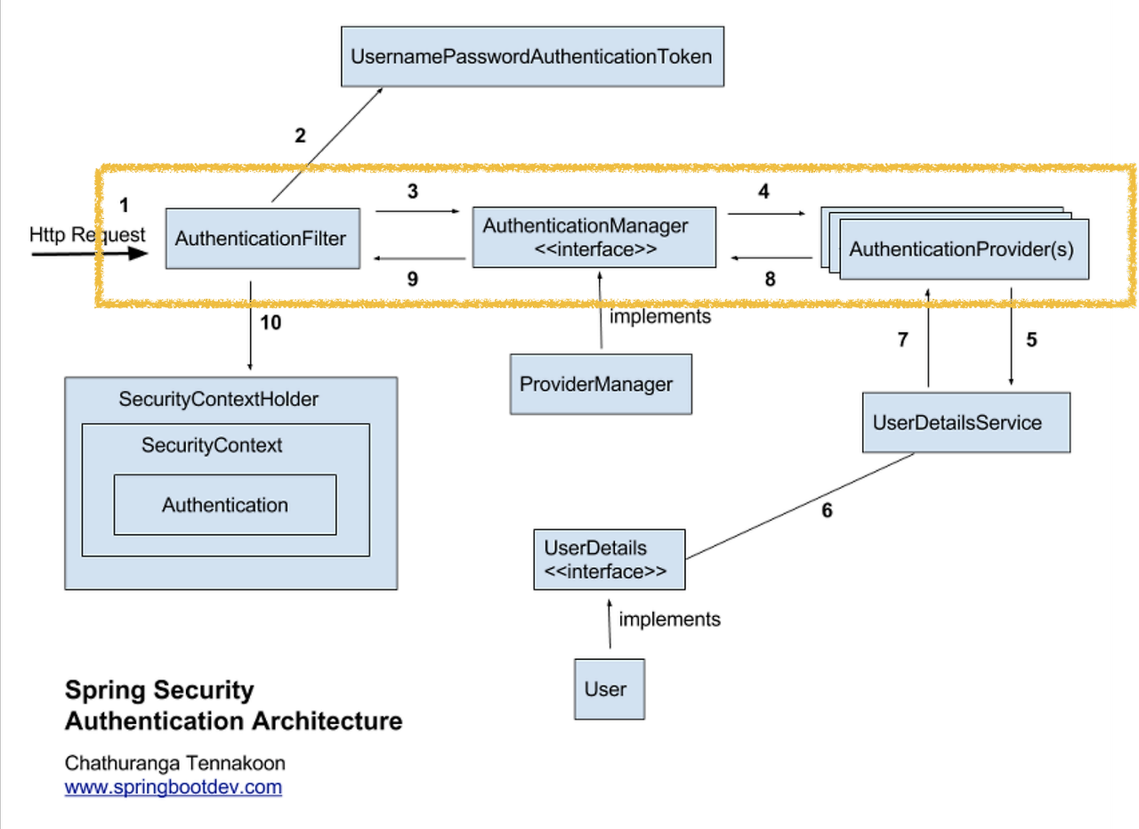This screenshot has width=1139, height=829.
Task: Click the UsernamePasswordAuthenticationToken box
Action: [x=532, y=57]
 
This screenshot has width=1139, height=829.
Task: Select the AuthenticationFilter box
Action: [x=262, y=239]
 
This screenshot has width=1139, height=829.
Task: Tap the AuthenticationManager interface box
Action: [x=594, y=238]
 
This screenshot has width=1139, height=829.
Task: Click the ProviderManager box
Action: [x=600, y=385]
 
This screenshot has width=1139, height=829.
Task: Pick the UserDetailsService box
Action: [x=965, y=422]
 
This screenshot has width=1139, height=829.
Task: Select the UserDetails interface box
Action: [x=609, y=560]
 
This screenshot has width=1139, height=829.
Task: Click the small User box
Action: [x=609, y=689]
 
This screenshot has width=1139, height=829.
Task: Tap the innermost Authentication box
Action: [x=225, y=505]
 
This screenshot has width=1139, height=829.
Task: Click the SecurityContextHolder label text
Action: [x=218, y=400]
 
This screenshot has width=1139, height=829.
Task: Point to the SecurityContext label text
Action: [x=212, y=445]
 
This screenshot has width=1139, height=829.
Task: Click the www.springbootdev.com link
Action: [x=174, y=787]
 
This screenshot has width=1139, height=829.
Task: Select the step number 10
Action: [x=271, y=322]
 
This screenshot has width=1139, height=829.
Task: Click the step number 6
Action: [x=827, y=511]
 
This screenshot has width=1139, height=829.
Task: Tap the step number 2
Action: [x=300, y=136]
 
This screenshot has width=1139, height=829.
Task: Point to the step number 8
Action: [x=770, y=279]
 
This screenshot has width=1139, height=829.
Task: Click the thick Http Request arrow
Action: [x=89, y=253]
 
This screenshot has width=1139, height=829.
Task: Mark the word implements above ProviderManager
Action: [x=660, y=316]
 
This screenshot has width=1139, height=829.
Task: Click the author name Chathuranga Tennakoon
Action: [x=175, y=763]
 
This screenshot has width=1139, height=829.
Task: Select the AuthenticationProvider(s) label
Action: [x=962, y=249]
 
